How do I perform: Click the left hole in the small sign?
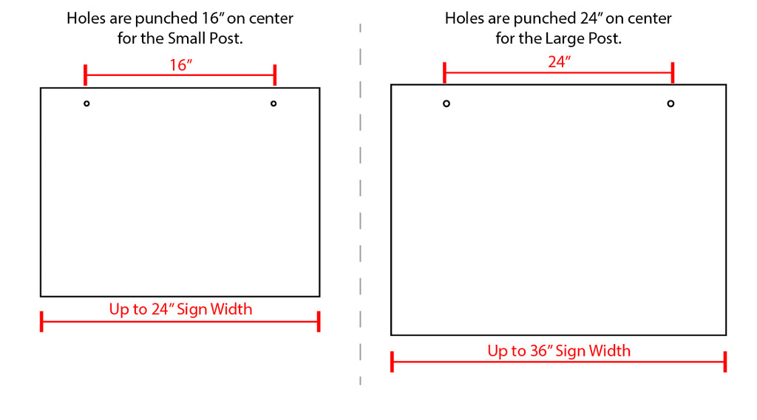click(x=86, y=103)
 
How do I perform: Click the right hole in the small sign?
click(x=274, y=103)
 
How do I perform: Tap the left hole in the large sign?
click(x=447, y=103)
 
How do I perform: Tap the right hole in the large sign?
click(x=671, y=103)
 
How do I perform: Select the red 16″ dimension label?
click(x=181, y=65)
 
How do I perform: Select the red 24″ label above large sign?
click(x=560, y=62)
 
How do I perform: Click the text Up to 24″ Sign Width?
click(x=180, y=309)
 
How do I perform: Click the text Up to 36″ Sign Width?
click(x=559, y=350)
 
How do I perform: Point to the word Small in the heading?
click(x=186, y=38)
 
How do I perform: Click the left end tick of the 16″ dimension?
click(x=86, y=75)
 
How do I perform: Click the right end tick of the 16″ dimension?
click(x=275, y=75)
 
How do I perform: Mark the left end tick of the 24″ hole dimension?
click(x=444, y=72)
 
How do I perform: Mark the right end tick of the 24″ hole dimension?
click(x=673, y=72)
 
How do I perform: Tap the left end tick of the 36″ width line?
click(x=392, y=362)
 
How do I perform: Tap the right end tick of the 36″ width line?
click(x=725, y=362)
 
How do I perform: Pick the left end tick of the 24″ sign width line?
click(x=41, y=321)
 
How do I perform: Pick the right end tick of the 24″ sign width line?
click(x=319, y=321)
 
